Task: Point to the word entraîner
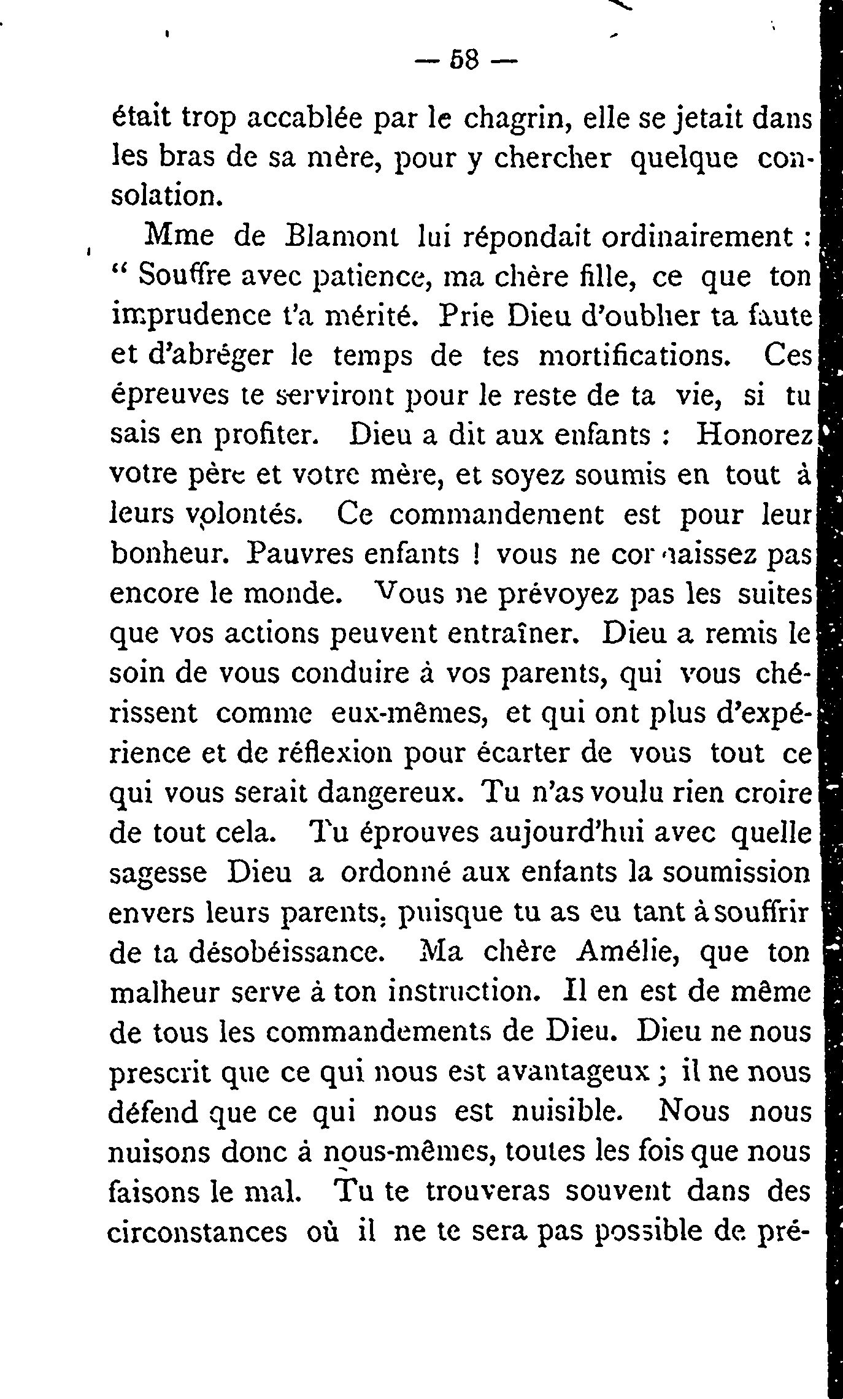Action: pos(512,634)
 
